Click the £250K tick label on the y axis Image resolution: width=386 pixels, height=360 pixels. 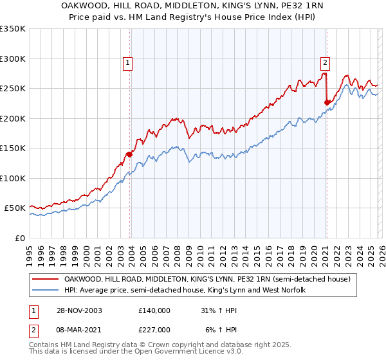[x=12, y=88]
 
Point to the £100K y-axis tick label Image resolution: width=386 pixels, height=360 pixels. [x=12, y=178]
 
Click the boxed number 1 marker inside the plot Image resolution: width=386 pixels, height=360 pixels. [x=128, y=63]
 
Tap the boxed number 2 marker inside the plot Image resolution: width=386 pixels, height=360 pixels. [x=326, y=63]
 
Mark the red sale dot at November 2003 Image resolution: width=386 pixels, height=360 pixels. [x=130, y=154]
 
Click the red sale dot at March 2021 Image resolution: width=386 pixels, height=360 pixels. [x=327, y=102]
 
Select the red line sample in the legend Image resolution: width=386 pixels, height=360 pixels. [x=45, y=279]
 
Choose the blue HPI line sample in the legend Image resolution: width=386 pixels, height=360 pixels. [x=45, y=291]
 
